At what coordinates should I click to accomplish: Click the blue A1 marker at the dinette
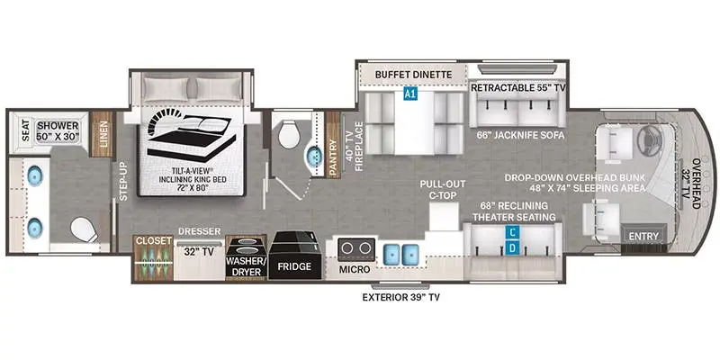(x=410, y=94)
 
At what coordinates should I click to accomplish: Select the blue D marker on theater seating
(x=513, y=248)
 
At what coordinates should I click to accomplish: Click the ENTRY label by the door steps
(x=643, y=236)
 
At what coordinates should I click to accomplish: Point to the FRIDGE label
(x=293, y=266)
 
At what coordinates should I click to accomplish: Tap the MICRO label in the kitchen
(x=355, y=269)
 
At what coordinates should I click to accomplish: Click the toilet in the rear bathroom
(x=85, y=229)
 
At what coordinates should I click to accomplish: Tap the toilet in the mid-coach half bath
(x=289, y=134)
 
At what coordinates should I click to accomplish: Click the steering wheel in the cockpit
(x=647, y=132)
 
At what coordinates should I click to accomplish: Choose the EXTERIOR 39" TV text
(x=400, y=298)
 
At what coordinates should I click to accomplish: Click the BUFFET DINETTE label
(x=414, y=75)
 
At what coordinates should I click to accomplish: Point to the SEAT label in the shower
(x=25, y=130)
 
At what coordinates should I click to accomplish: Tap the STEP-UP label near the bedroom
(x=122, y=181)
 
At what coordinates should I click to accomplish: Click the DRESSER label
(x=199, y=231)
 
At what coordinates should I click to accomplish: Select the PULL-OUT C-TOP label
(x=443, y=188)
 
